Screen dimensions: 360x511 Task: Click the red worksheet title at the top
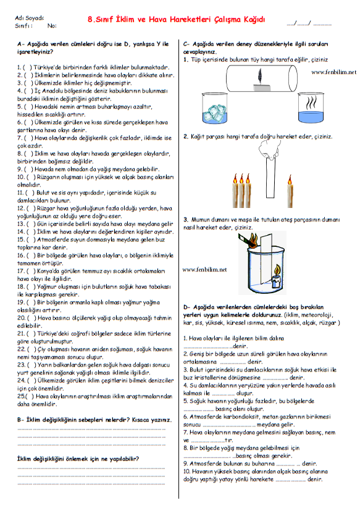click(177, 20)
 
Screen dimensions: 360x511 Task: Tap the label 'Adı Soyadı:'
click(30, 18)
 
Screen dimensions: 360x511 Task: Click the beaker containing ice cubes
click(214, 109)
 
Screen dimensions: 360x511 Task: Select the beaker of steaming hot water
click(311, 107)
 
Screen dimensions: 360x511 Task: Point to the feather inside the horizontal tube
click(261, 76)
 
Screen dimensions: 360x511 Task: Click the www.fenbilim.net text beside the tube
click(333, 72)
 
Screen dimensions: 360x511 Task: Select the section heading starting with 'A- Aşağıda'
click(93, 48)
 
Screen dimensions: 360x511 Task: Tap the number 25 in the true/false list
click(21, 396)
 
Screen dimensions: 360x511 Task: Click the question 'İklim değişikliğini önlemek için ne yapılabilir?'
click(78, 459)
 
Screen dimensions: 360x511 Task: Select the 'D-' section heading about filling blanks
click(253, 311)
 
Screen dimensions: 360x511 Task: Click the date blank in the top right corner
click(309, 23)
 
